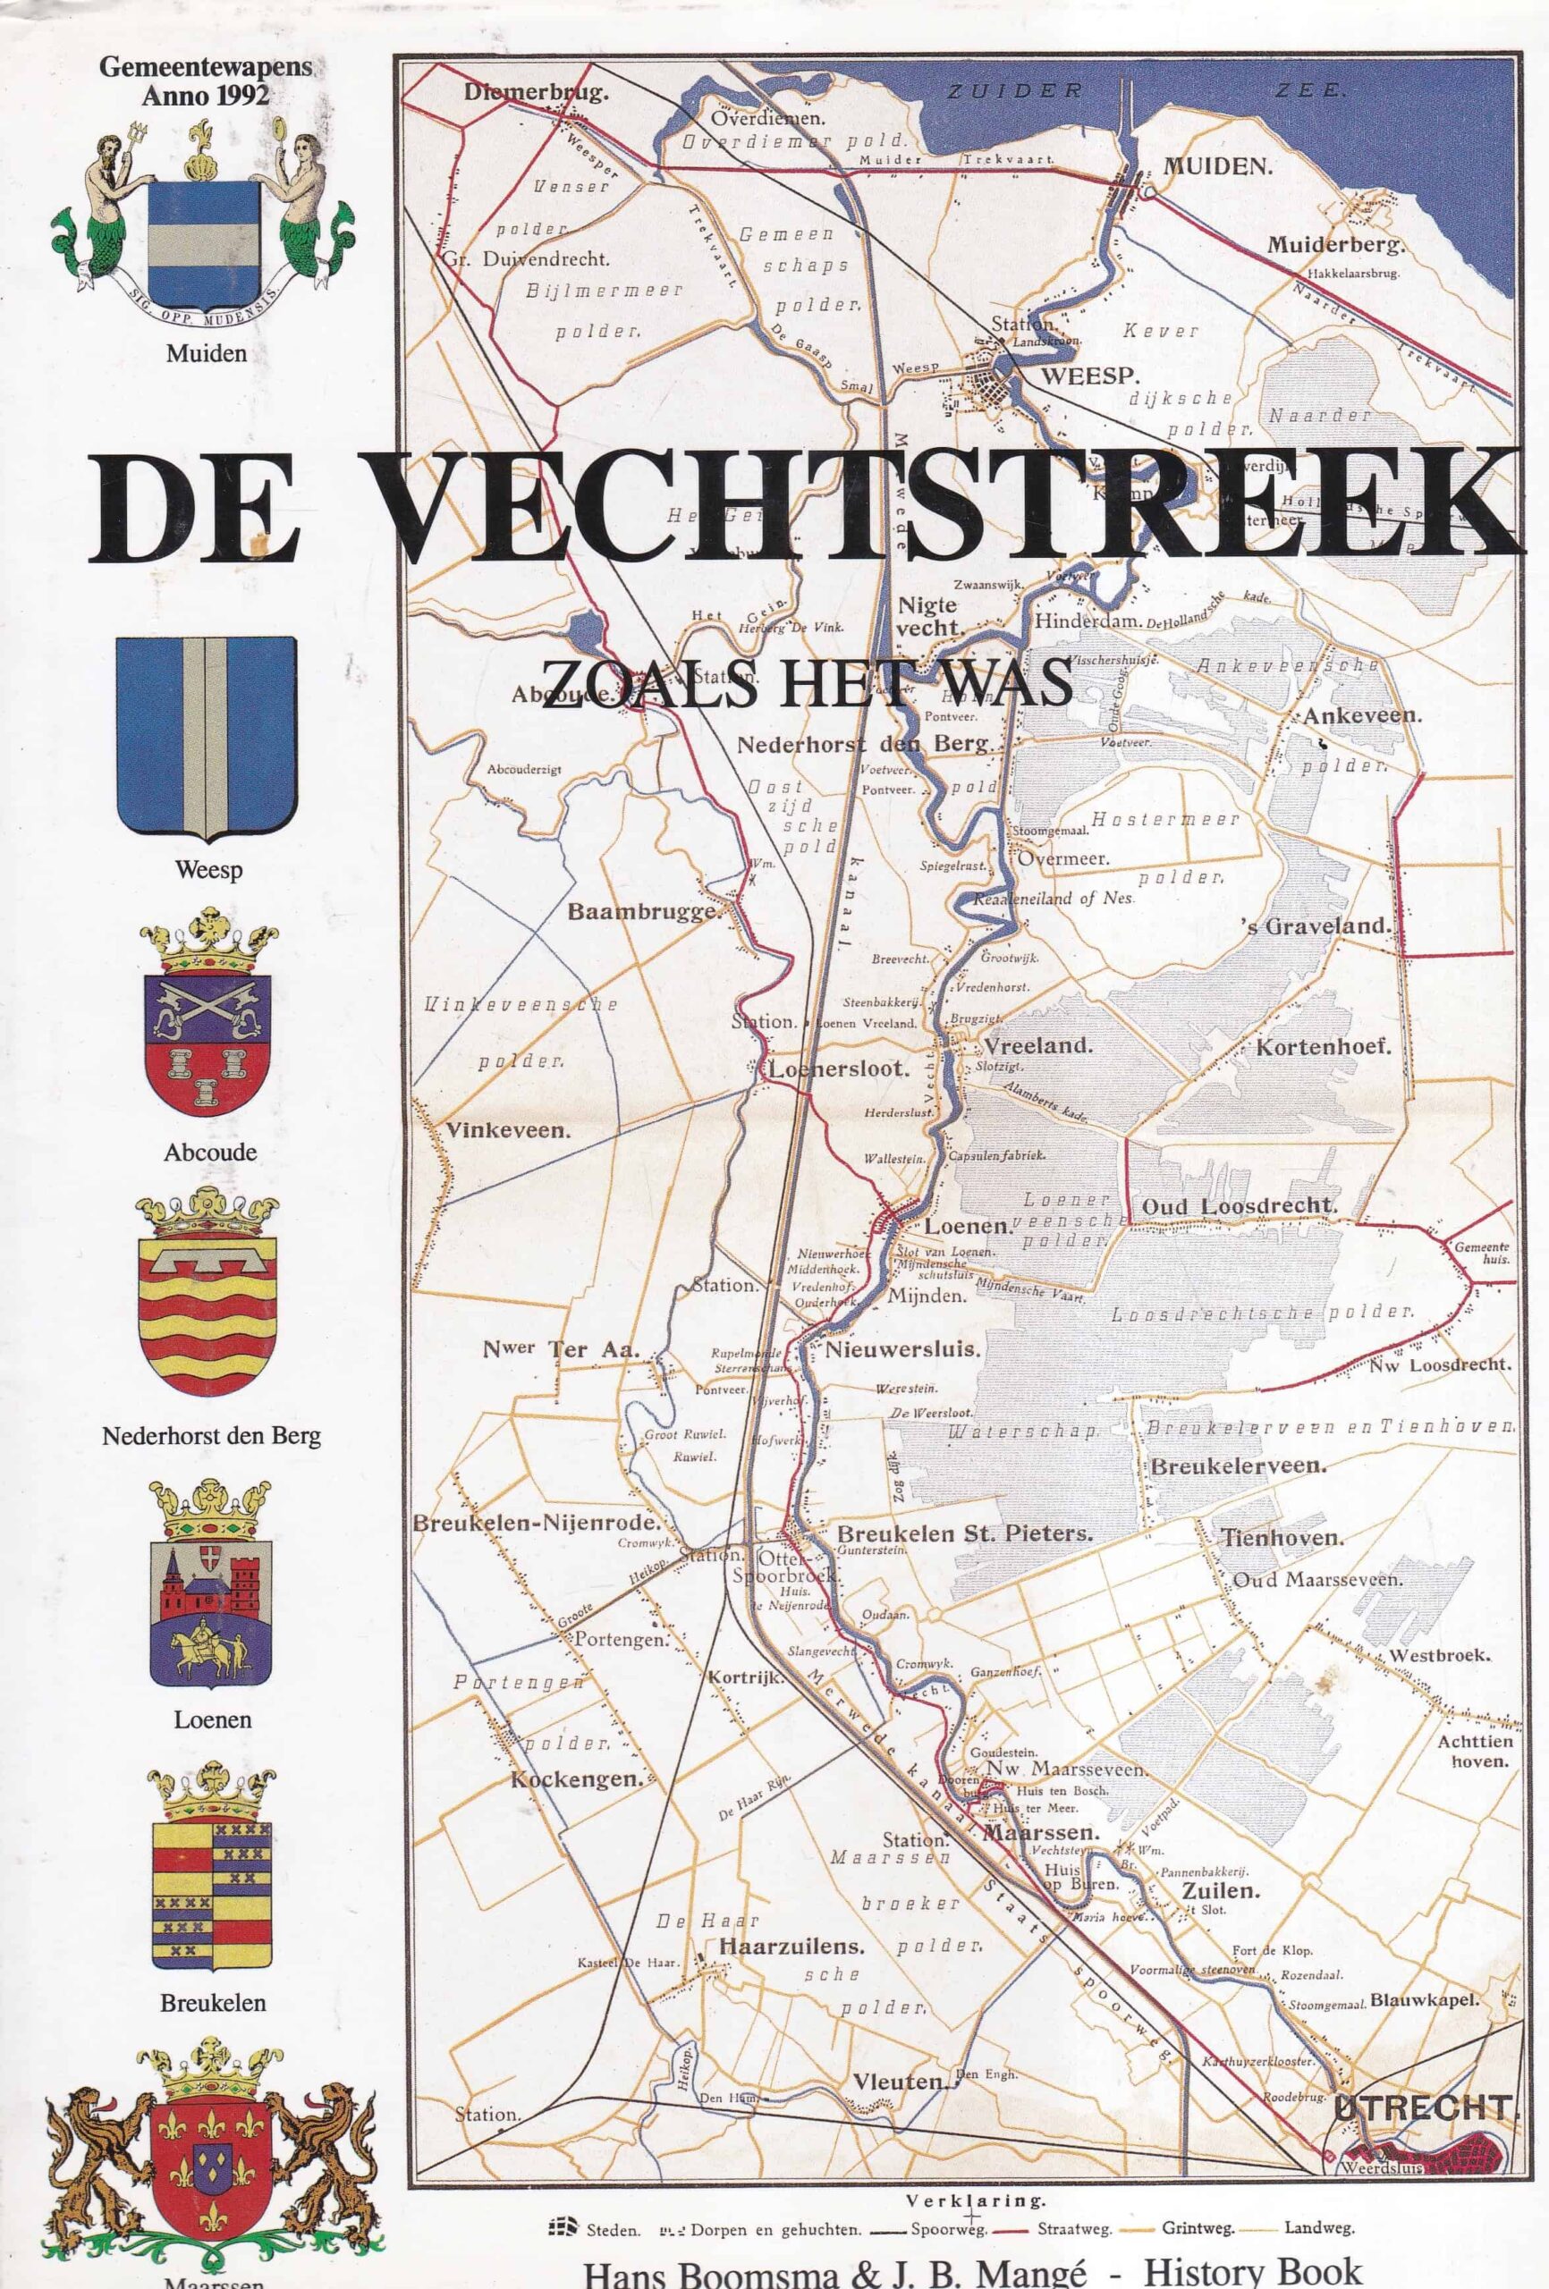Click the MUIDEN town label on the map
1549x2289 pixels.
(1218, 165)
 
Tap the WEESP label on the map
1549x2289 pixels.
(1091, 376)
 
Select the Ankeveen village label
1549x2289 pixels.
(1362, 716)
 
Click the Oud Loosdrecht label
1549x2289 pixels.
(1239, 1206)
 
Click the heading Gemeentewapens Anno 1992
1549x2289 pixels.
(205, 81)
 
